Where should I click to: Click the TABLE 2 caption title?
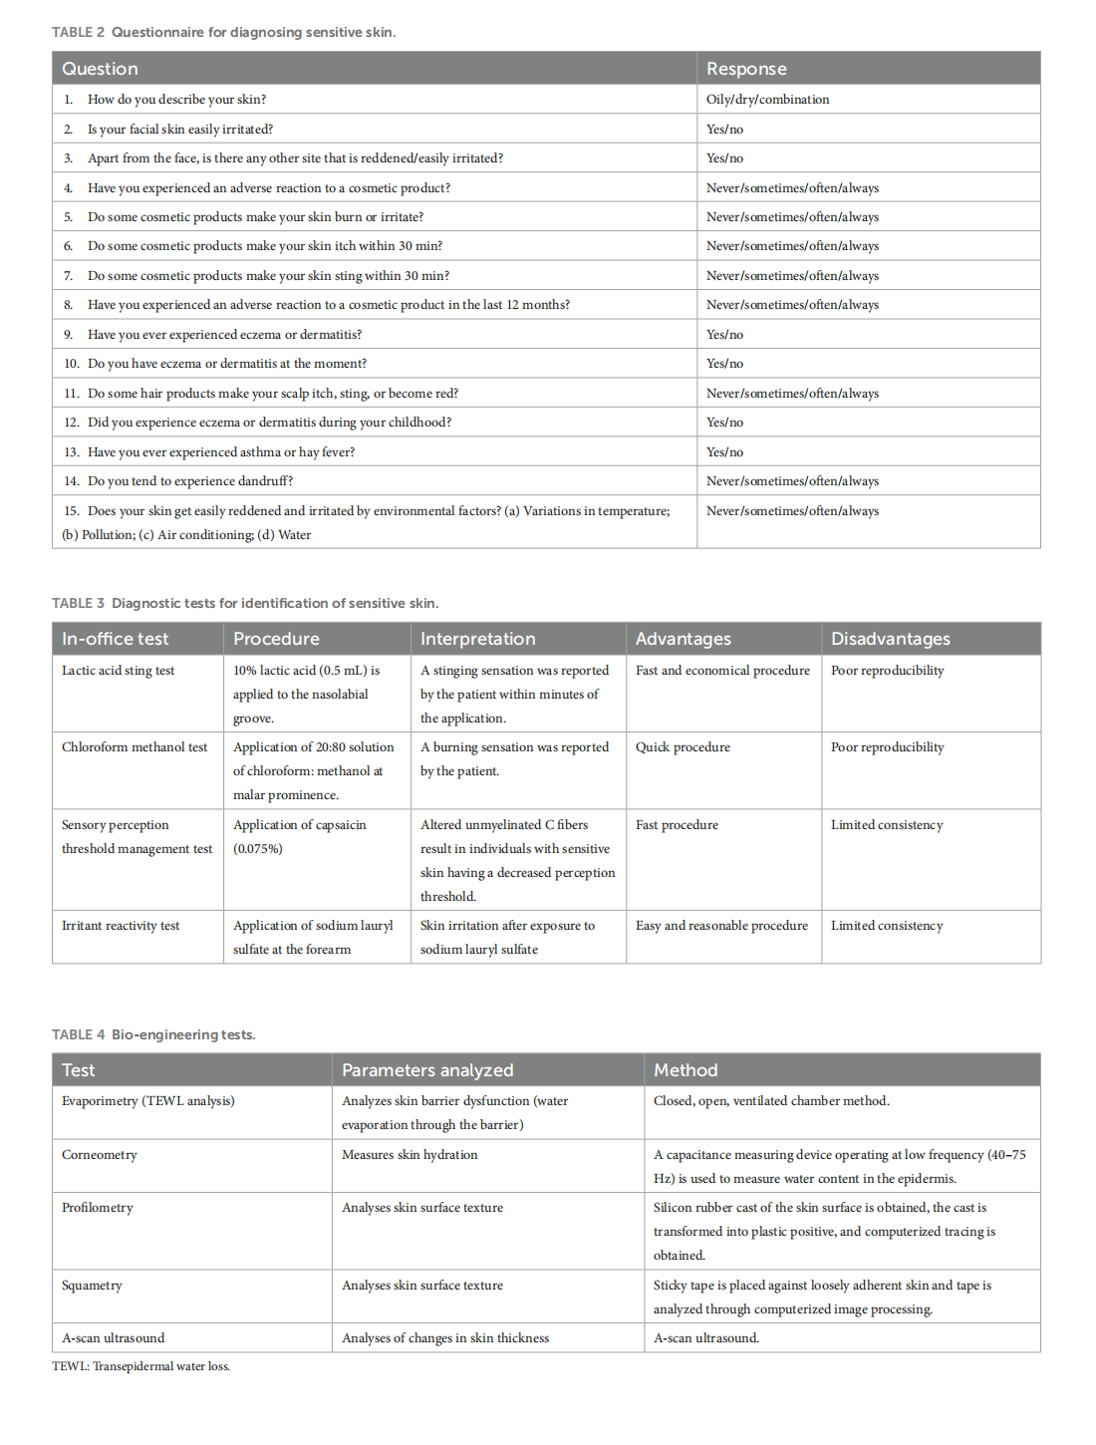pyautogui.click(x=223, y=32)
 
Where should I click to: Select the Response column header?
pyautogui.click(x=746, y=69)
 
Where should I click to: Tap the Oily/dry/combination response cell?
pyautogui.click(x=767, y=100)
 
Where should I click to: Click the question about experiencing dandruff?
pyautogui.click(x=189, y=481)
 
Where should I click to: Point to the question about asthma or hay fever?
pyautogui.click(x=220, y=452)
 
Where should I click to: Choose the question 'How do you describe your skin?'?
pyautogui.click(x=176, y=100)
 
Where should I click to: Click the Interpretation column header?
pyautogui.click(x=477, y=639)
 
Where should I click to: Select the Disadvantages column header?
pyautogui.click(x=890, y=639)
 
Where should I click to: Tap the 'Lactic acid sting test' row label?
pyautogui.click(x=118, y=671)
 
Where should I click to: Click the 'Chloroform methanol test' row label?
pyautogui.click(x=135, y=747)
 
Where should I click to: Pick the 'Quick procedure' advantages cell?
pyautogui.click(x=683, y=747)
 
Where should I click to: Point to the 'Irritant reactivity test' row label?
pyautogui.click(x=121, y=926)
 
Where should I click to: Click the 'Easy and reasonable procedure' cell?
pyautogui.click(x=721, y=926)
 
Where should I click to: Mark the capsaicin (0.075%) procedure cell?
pyautogui.click(x=299, y=836)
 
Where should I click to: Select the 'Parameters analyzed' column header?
pyautogui.click(x=427, y=1070)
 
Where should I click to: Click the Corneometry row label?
pyautogui.click(x=100, y=1155)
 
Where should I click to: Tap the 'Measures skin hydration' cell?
pyautogui.click(x=410, y=1155)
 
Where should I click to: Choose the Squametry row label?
pyautogui.click(x=92, y=1286)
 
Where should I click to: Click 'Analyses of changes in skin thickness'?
pyautogui.click(x=445, y=1338)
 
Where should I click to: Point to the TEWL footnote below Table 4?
pyautogui.click(x=140, y=1366)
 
